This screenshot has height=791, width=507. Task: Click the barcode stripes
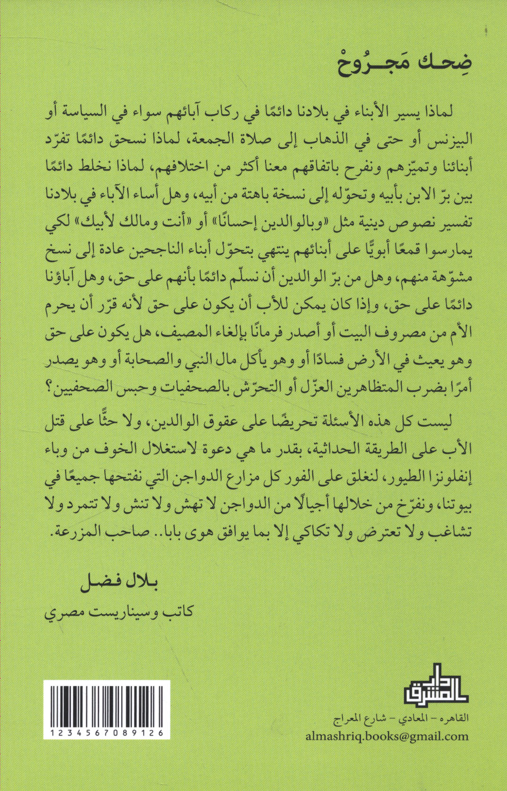click(107, 705)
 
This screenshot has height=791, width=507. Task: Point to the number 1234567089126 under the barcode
click(107, 733)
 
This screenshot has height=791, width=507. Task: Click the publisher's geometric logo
click(435, 685)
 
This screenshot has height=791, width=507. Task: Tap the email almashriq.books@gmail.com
click(387, 736)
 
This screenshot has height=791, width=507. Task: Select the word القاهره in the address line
click(454, 718)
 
